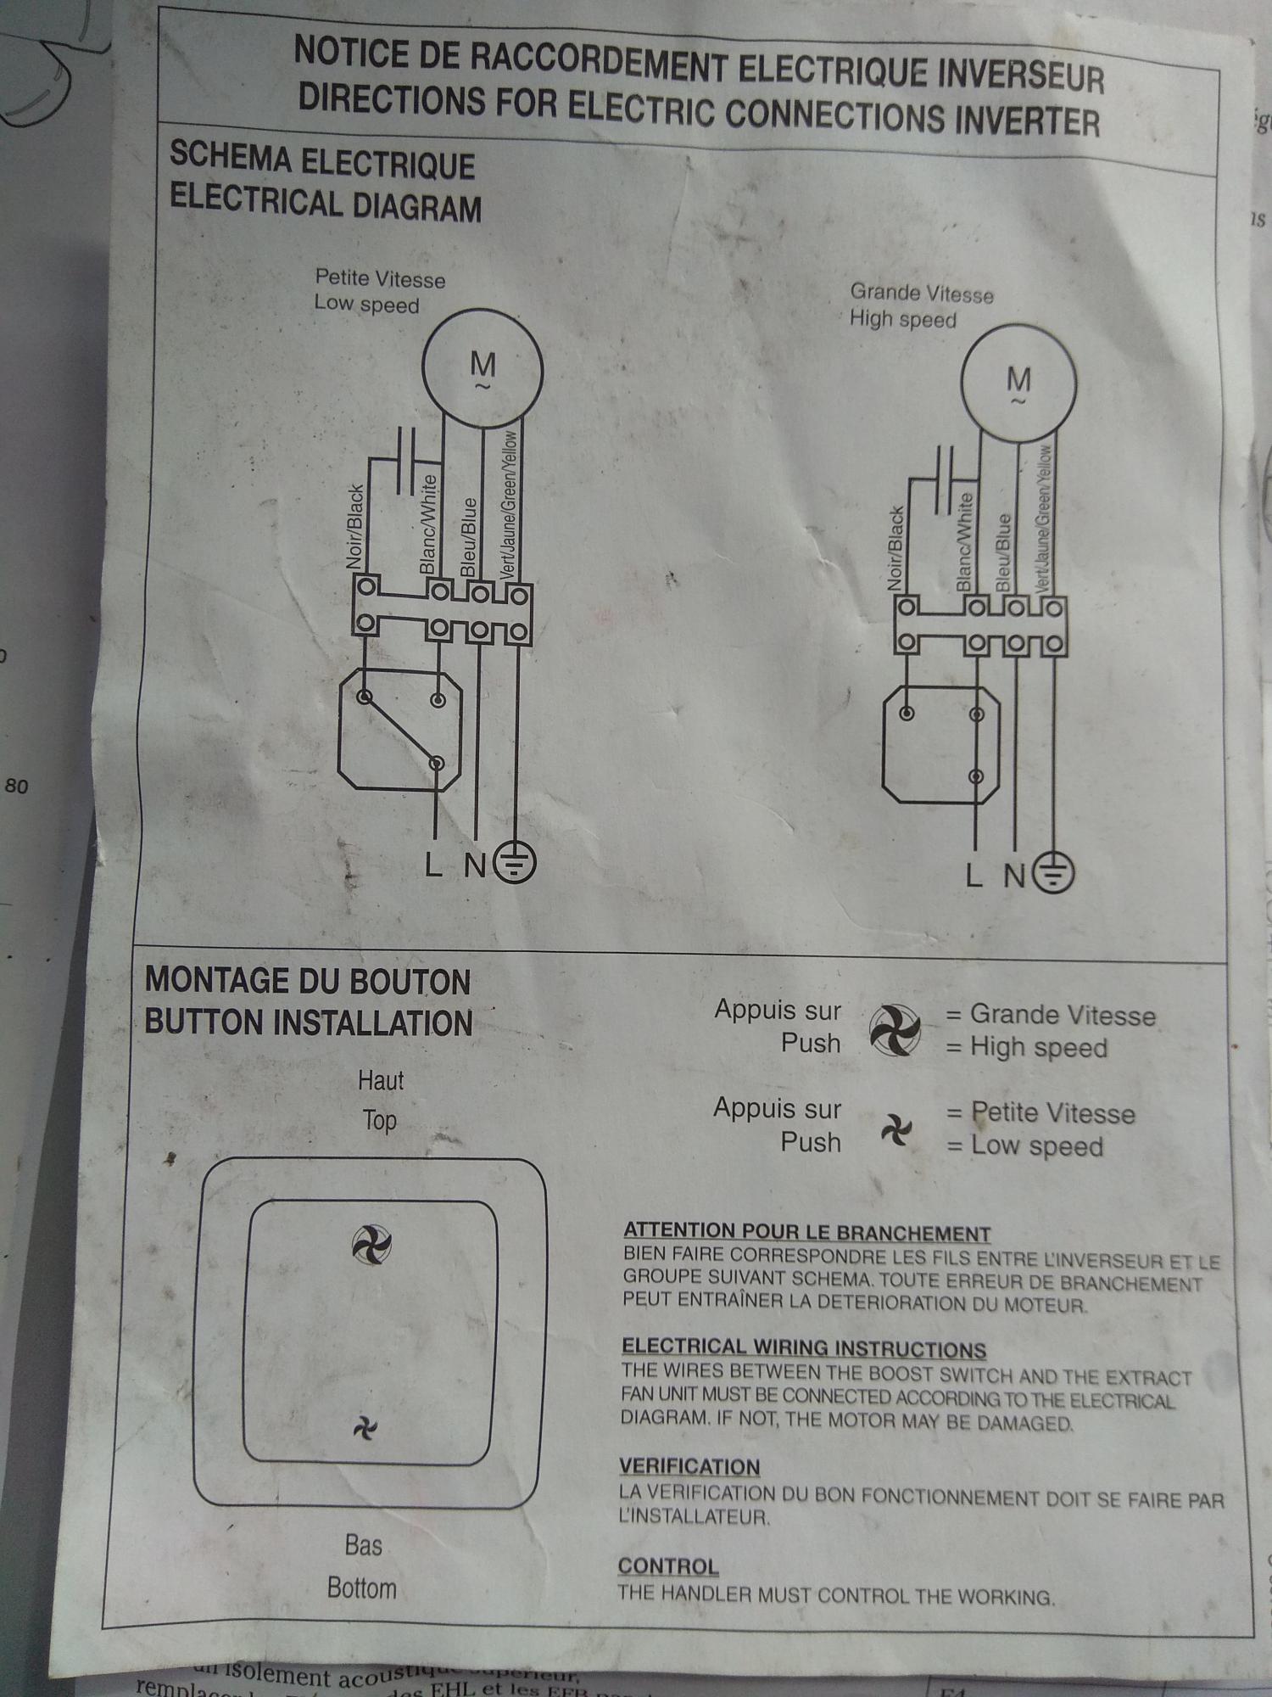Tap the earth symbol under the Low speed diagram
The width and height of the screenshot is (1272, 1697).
516,863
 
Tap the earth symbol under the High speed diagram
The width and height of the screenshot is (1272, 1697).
1054,871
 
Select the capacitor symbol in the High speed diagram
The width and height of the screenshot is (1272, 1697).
944,480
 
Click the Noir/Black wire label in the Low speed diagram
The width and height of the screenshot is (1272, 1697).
356,527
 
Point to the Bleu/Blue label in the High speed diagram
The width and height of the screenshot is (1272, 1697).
1003,552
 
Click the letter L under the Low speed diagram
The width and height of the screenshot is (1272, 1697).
433,865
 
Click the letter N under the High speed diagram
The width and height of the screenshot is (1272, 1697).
1014,875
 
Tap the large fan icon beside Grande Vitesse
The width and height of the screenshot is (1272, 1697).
895,1030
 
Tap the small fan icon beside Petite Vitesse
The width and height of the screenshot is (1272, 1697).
895,1129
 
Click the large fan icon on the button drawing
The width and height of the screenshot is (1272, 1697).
371,1245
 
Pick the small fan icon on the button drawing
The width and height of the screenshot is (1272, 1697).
365,1430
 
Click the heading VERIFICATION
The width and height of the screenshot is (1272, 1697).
689,1467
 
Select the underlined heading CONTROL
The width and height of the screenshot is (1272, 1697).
668,1566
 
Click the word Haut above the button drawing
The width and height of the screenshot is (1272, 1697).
381,1081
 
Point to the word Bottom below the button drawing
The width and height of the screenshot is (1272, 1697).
362,1588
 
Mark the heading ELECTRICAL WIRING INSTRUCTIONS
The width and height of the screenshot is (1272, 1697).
804,1349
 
